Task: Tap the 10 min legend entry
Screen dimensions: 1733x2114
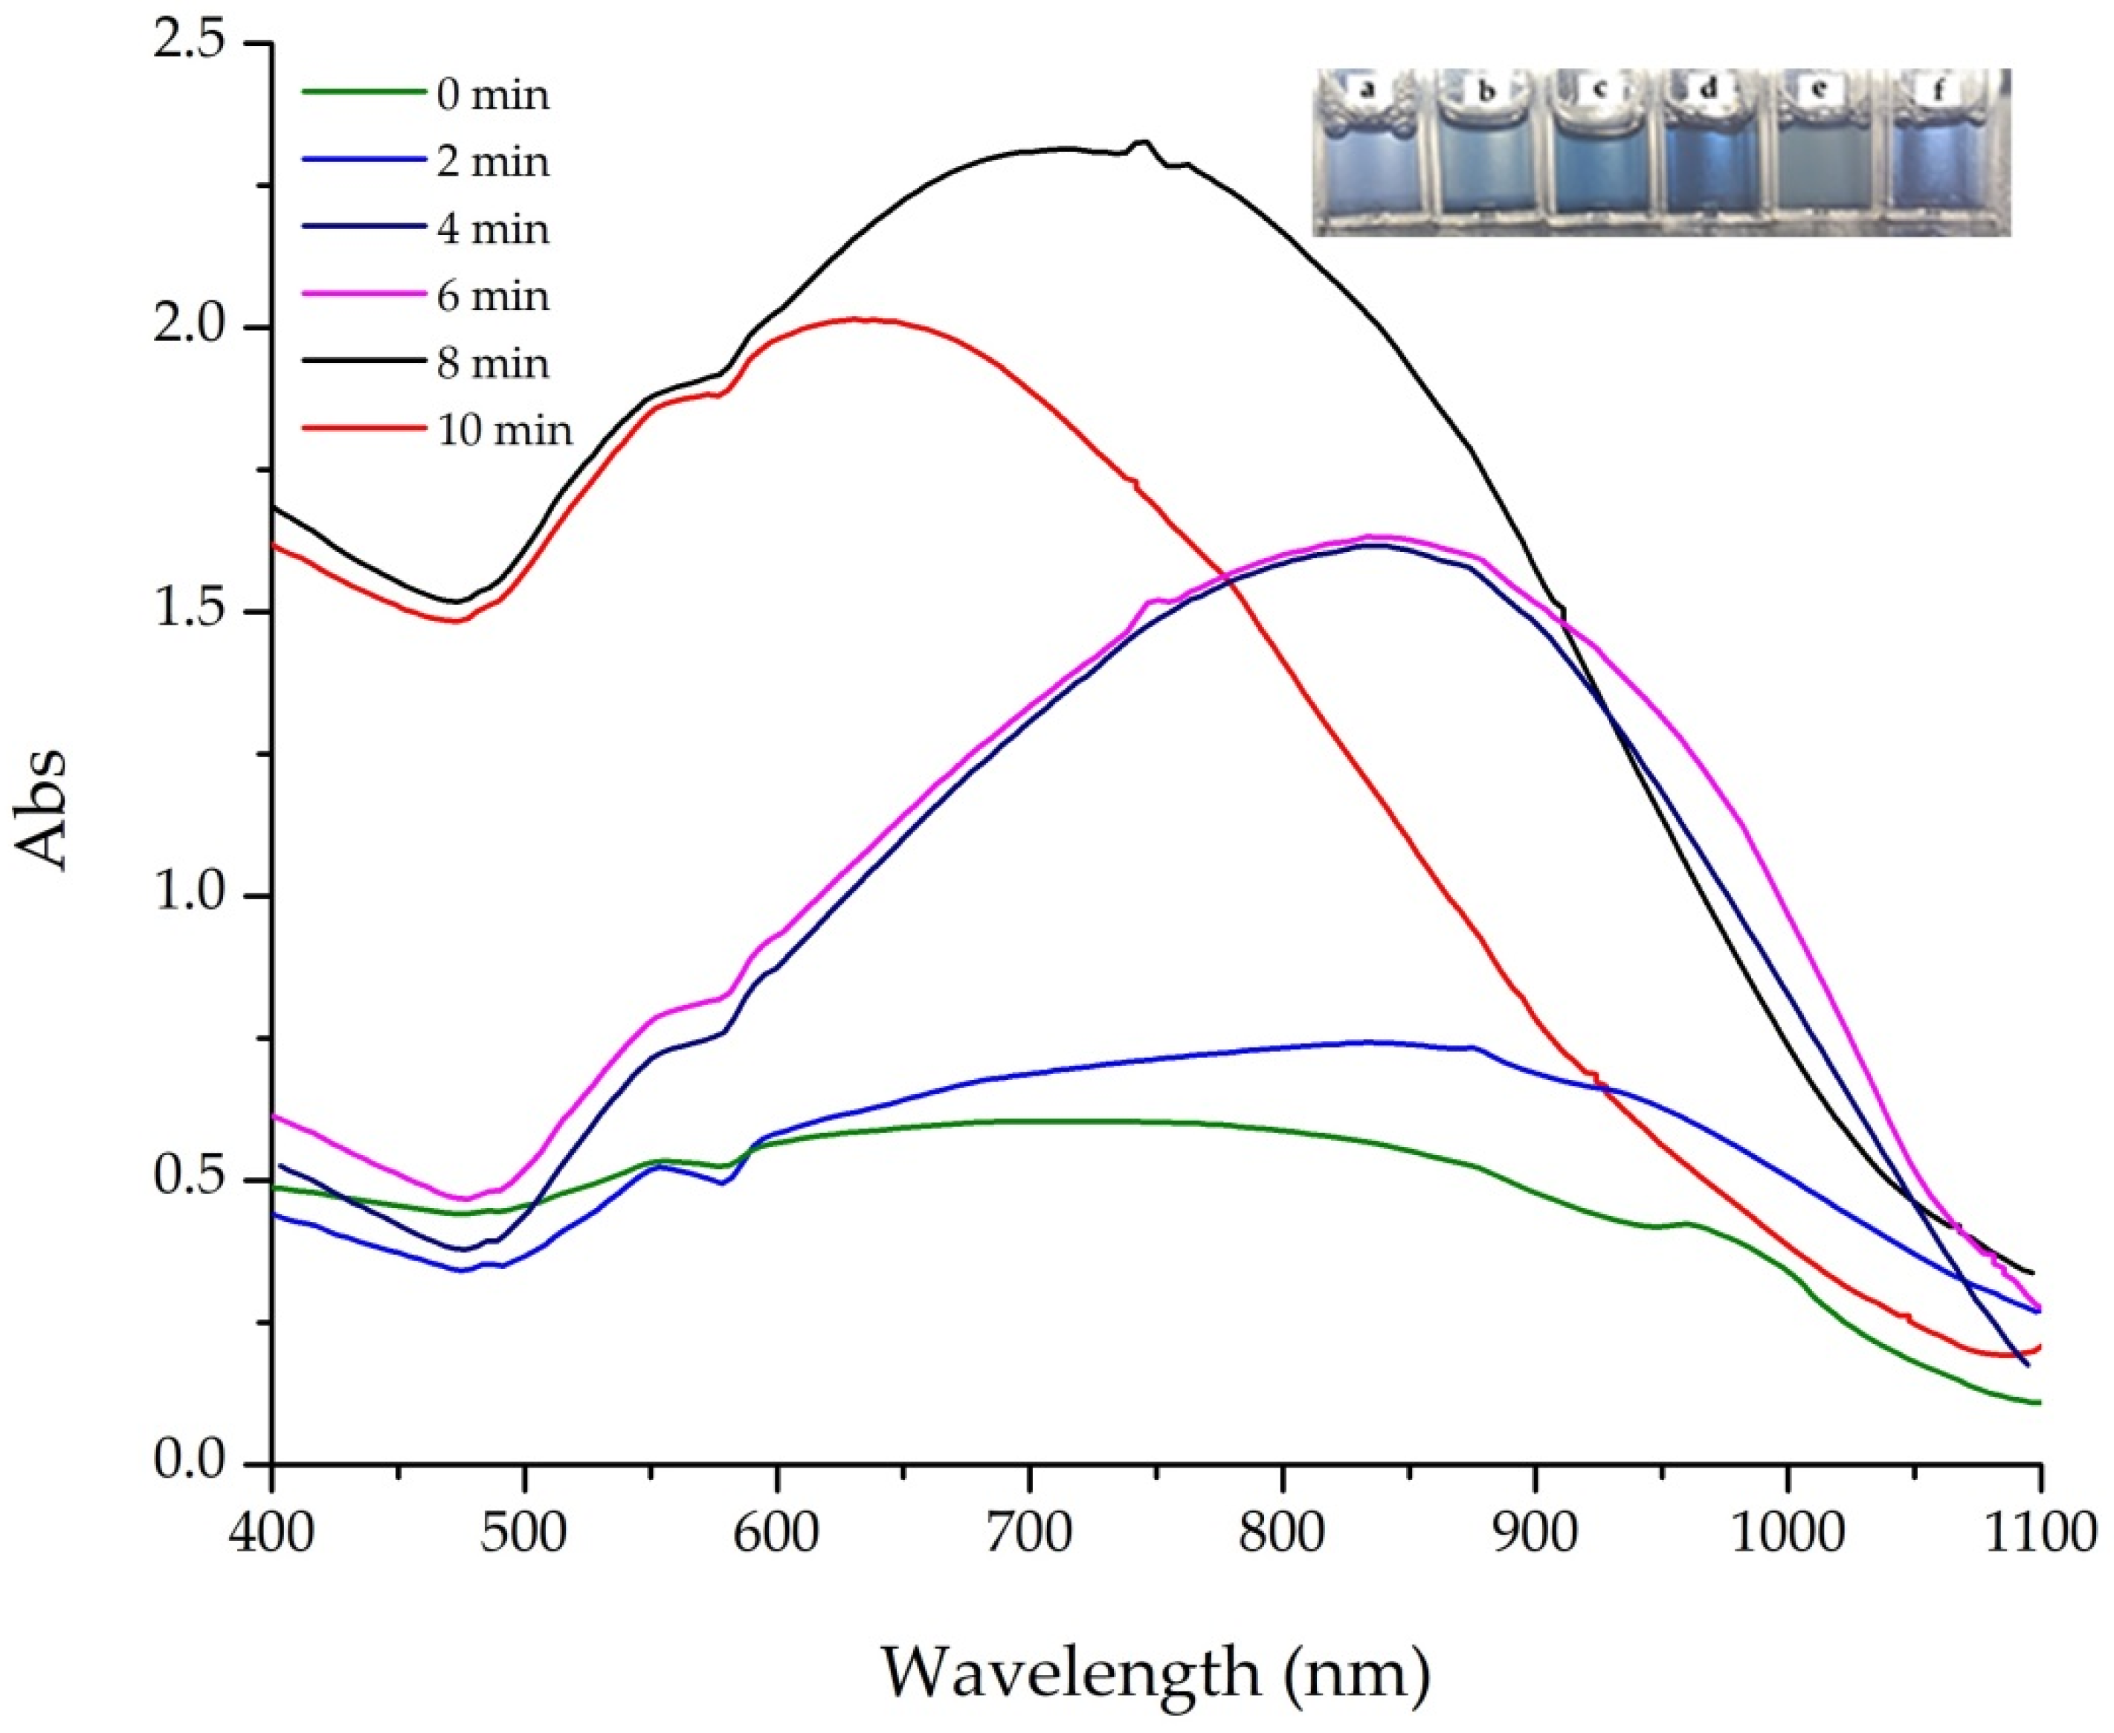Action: click(x=504, y=430)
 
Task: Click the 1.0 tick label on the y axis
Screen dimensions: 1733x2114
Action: click(x=189, y=896)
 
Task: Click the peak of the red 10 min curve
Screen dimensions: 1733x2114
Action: click(x=858, y=319)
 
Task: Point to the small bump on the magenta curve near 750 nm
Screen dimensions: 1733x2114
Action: click(x=1155, y=600)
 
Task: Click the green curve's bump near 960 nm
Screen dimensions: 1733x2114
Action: click(x=1686, y=1223)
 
